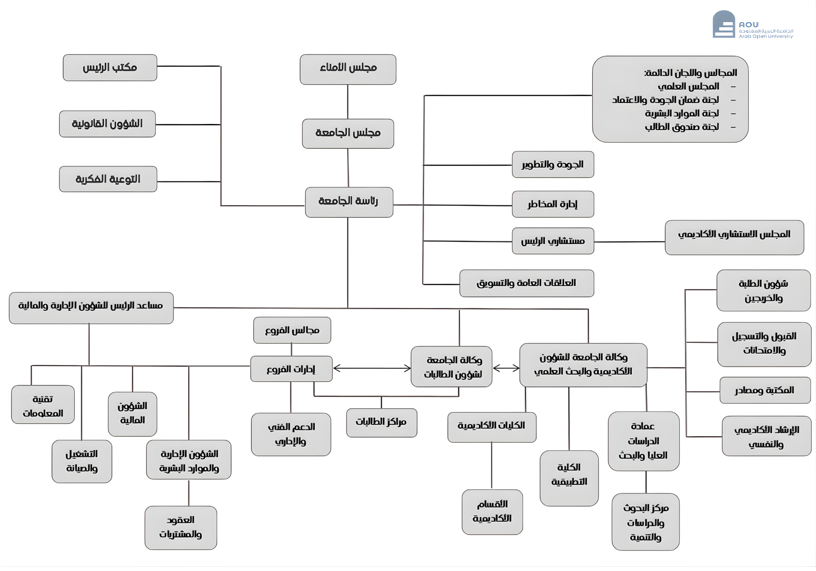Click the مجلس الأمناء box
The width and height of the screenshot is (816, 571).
pos(348,69)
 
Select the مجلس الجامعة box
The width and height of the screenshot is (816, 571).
pos(348,133)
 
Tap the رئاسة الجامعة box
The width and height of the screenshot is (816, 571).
pos(349,202)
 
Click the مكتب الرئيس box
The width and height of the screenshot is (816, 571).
pos(110,67)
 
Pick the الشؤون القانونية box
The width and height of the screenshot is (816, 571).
pos(107,124)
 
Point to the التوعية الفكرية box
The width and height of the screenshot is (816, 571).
pos(108,179)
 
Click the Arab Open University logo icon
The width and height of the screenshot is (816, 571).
pos(724,25)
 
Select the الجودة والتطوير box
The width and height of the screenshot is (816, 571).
pos(552,164)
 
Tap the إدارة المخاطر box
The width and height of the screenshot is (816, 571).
pos(552,204)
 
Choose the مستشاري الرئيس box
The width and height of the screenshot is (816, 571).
pos(552,241)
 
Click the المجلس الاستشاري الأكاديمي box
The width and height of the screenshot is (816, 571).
pos(734,237)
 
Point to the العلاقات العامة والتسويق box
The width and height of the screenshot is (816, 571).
pos(526,283)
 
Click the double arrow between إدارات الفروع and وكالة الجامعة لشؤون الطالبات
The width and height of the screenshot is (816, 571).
pos(372,368)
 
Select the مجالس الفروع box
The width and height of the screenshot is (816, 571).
pos(292,330)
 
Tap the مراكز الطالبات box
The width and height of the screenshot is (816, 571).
pos(381,422)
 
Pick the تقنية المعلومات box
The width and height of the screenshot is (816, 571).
pos(43,405)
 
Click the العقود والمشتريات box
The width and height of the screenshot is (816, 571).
pos(180,527)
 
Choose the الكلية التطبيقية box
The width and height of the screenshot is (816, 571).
pos(569,478)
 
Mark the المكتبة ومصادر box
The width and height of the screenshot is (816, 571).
pos(765,390)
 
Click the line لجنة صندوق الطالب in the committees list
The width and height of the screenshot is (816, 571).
pos(682,127)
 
